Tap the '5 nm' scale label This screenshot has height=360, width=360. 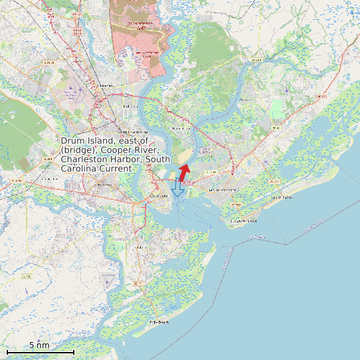39,345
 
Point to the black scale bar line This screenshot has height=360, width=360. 40,351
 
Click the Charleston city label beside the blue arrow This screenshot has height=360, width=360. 159,197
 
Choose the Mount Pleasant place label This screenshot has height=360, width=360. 223,190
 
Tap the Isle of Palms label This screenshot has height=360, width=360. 282,197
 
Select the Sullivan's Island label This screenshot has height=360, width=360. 244,221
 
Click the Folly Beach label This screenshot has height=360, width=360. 159,322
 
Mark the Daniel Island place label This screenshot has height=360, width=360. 181,128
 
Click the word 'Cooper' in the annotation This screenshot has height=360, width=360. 120,151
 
